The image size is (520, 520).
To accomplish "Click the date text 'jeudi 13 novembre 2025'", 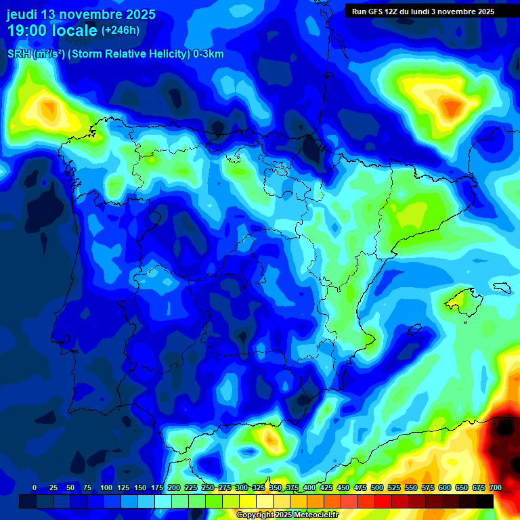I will [x=81, y=14].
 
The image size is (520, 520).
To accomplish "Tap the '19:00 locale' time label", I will [x=51, y=30].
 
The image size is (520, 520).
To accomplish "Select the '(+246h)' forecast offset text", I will [x=120, y=30].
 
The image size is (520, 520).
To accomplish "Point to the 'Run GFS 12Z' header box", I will [x=423, y=11].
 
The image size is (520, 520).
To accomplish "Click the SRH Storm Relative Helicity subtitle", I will [x=115, y=54].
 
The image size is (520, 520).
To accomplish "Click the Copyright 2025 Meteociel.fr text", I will [x=288, y=515].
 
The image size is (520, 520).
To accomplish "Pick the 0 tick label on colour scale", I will [x=35, y=487].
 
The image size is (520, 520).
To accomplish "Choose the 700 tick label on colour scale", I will [x=495, y=487].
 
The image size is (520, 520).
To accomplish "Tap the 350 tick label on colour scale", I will [x=276, y=487].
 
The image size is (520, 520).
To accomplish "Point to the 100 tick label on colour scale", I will [x=106, y=487].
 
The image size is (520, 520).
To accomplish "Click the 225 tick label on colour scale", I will [x=191, y=487].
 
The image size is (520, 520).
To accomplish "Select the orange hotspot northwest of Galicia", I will [x=49, y=107].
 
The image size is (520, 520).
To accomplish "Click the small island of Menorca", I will [x=502, y=287].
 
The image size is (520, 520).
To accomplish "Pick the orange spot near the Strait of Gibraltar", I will [x=272, y=441].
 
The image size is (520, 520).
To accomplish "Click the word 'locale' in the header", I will [x=74, y=30].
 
